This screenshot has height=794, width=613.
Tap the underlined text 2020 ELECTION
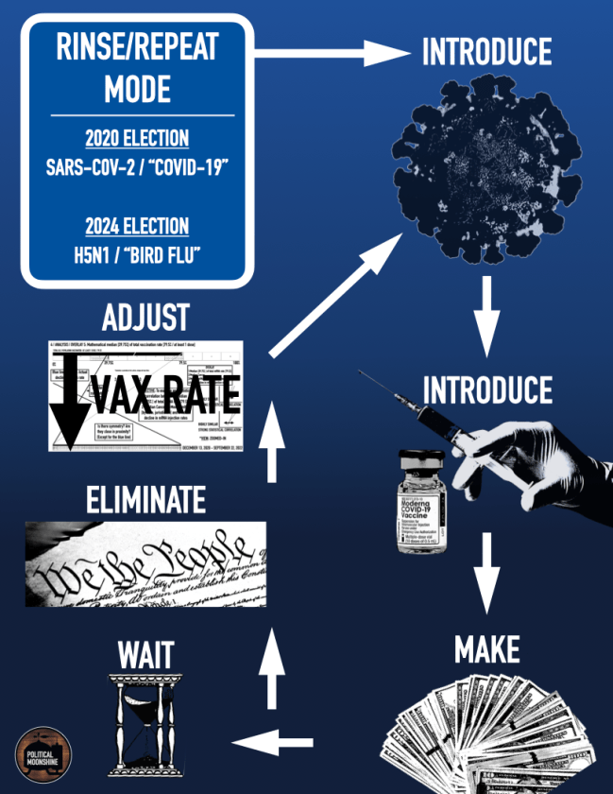click(137, 139)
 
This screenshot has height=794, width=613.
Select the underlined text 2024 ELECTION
click(137, 226)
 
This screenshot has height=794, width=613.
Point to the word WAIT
click(145, 652)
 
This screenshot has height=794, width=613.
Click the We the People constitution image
click(145, 563)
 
